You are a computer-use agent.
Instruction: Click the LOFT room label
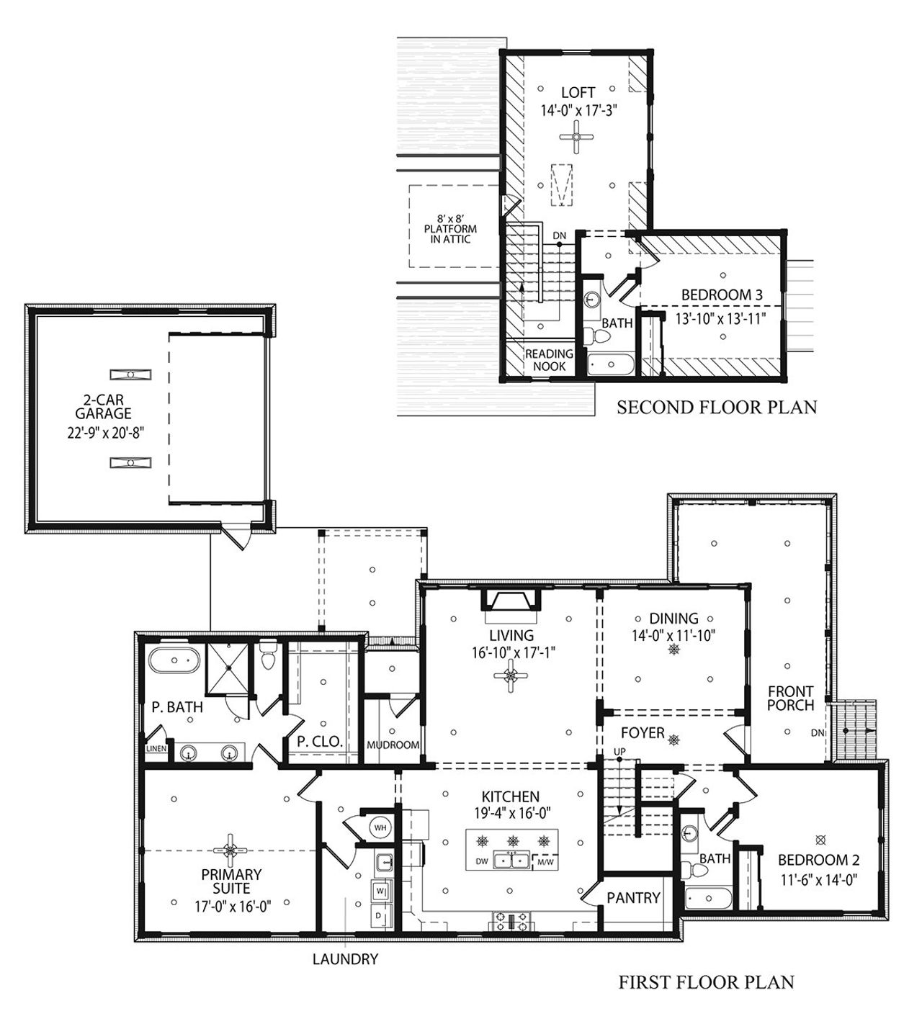click(x=578, y=93)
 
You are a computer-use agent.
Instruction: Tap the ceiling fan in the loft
click(x=577, y=137)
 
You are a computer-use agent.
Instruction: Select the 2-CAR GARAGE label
click(x=106, y=406)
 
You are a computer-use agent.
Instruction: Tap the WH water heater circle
click(x=381, y=827)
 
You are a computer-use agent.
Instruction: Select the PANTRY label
click(x=633, y=897)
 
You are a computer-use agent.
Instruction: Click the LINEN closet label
click(x=156, y=749)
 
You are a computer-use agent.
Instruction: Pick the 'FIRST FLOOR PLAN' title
click(x=706, y=982)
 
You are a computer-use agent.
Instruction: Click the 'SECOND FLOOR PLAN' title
click(x=717, y=408)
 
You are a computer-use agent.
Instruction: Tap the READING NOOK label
click(x=549, y=360)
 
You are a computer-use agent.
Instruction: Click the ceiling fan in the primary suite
click(x=230, y=850)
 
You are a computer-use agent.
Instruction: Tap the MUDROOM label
click(x=393, y=745)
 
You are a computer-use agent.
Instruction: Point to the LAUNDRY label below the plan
click(x=345, y=959)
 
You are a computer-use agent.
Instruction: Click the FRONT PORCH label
click(x=790, y=698)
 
